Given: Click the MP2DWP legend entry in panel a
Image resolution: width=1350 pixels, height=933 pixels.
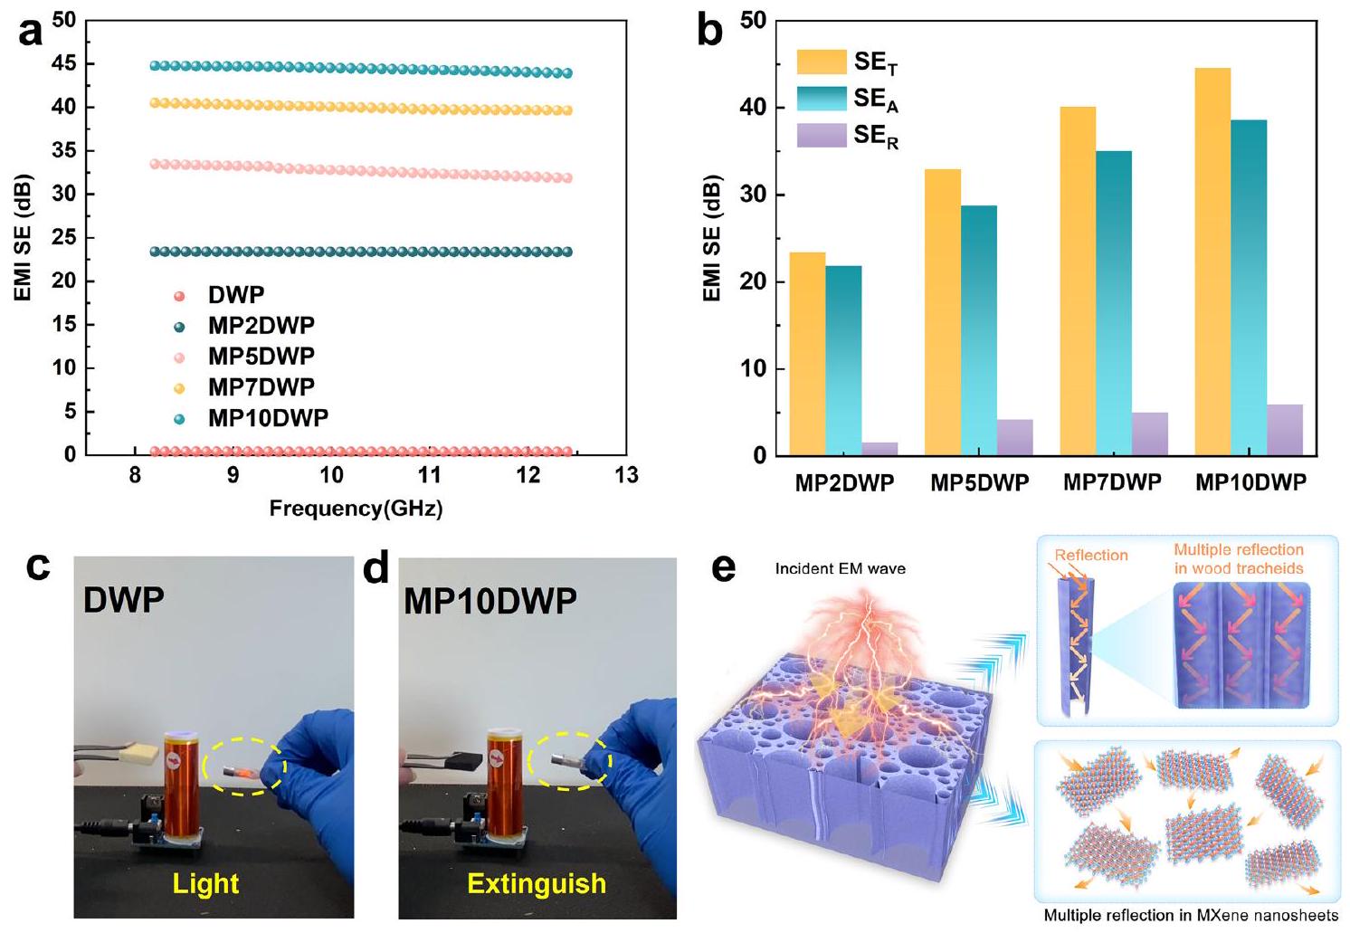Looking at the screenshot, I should [261, 326].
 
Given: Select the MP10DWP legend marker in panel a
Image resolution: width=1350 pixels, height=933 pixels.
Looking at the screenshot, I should [179, 418].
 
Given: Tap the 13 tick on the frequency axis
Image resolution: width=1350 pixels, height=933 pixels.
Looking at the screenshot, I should [626, 475].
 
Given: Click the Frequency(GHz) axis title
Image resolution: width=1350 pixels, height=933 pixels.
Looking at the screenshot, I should [356, 509].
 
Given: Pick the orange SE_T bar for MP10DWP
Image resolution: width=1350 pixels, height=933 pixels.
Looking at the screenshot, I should [1212, 262].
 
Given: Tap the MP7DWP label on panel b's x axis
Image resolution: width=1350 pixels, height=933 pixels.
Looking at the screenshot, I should [1112, 482].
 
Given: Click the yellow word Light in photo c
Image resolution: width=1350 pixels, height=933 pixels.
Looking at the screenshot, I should [206, 883].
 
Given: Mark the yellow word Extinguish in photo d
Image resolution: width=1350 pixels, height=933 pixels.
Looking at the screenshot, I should [537, 883].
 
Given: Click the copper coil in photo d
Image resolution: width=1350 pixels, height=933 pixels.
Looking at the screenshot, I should [503, 770].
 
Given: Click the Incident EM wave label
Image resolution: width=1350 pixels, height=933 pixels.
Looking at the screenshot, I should [841, 569].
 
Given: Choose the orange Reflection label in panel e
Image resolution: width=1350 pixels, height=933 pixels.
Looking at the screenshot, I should [1091, 555].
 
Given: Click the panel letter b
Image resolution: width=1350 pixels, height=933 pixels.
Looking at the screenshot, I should [710, 33].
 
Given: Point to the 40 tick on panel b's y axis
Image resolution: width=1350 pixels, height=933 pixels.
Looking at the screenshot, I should [753, 107].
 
